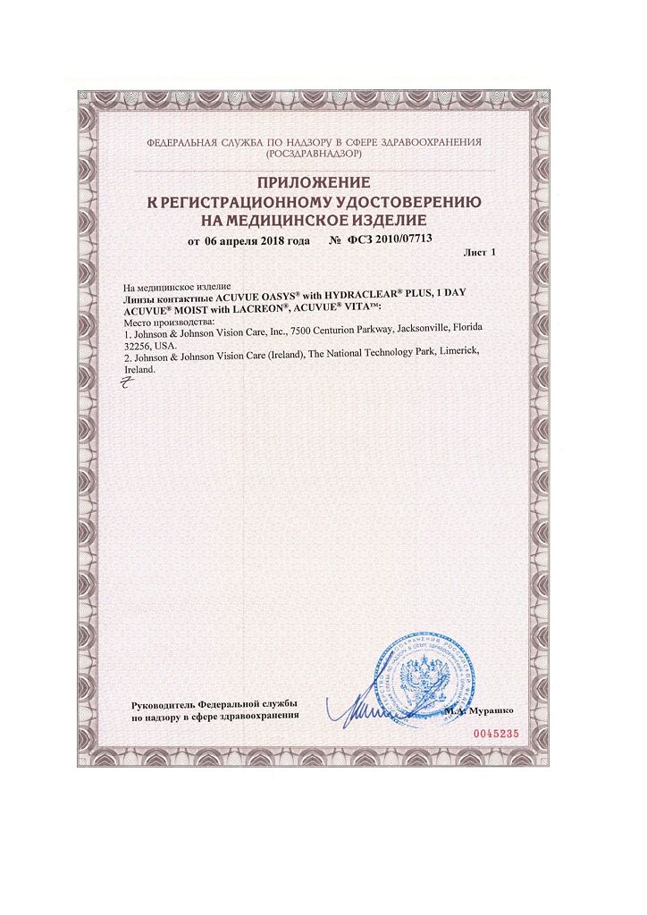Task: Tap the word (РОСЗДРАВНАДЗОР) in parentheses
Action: (x=315, y=154)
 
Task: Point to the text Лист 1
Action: (x=479, y=254)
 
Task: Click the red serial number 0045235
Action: (x=494, y=732)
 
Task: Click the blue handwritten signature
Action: (x=366, y=710)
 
